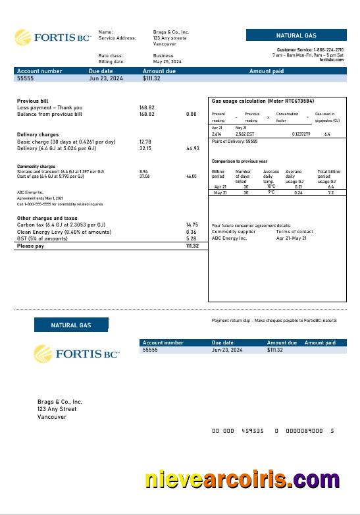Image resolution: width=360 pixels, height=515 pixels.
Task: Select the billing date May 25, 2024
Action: coord(166,62)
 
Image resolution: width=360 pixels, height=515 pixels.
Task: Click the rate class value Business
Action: coord(163,56)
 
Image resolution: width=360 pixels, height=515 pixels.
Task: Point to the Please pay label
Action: coord(31,246)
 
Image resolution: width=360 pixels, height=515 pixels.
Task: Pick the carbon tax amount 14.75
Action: coord(192,225)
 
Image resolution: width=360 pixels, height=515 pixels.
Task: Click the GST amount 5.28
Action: coord(192,238)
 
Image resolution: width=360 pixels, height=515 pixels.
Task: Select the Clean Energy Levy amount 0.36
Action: coord(192,232)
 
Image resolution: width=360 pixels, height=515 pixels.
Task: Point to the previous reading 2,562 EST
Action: coord(245,134)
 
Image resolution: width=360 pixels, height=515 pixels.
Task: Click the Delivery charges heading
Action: coord(38,134)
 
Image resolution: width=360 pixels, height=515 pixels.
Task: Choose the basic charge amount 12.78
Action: coord(145,142)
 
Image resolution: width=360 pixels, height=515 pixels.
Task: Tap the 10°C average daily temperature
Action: coord(271,186)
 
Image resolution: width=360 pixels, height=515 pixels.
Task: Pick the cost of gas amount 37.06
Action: coord(144,176)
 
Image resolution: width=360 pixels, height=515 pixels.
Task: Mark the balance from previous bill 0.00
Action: coord(192,114)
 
